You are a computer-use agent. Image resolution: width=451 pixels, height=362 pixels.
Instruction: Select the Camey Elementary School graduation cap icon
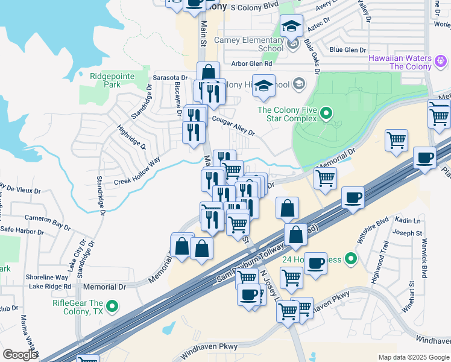point(291,27)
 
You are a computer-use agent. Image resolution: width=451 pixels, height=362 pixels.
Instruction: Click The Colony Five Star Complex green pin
point(326,113)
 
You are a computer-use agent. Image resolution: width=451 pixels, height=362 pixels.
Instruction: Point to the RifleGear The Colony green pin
point(112,307)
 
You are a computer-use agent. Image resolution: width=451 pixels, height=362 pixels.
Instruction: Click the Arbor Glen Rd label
point(251,63)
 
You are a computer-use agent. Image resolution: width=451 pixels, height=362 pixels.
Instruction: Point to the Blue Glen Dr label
point(348,50)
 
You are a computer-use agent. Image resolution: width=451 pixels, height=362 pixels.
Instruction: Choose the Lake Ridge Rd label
point(50,286)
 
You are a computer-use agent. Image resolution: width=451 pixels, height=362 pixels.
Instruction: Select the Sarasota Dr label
point(171,78)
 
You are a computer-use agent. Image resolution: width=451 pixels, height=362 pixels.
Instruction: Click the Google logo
point(20,355)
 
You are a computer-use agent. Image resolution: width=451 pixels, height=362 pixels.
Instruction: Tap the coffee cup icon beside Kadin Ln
point(353,197)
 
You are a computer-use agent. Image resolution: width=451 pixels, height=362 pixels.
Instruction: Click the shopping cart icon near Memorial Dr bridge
point(325,178)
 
